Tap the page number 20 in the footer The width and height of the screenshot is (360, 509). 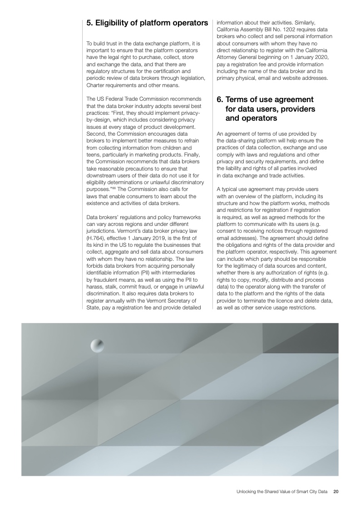click(336, 491)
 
